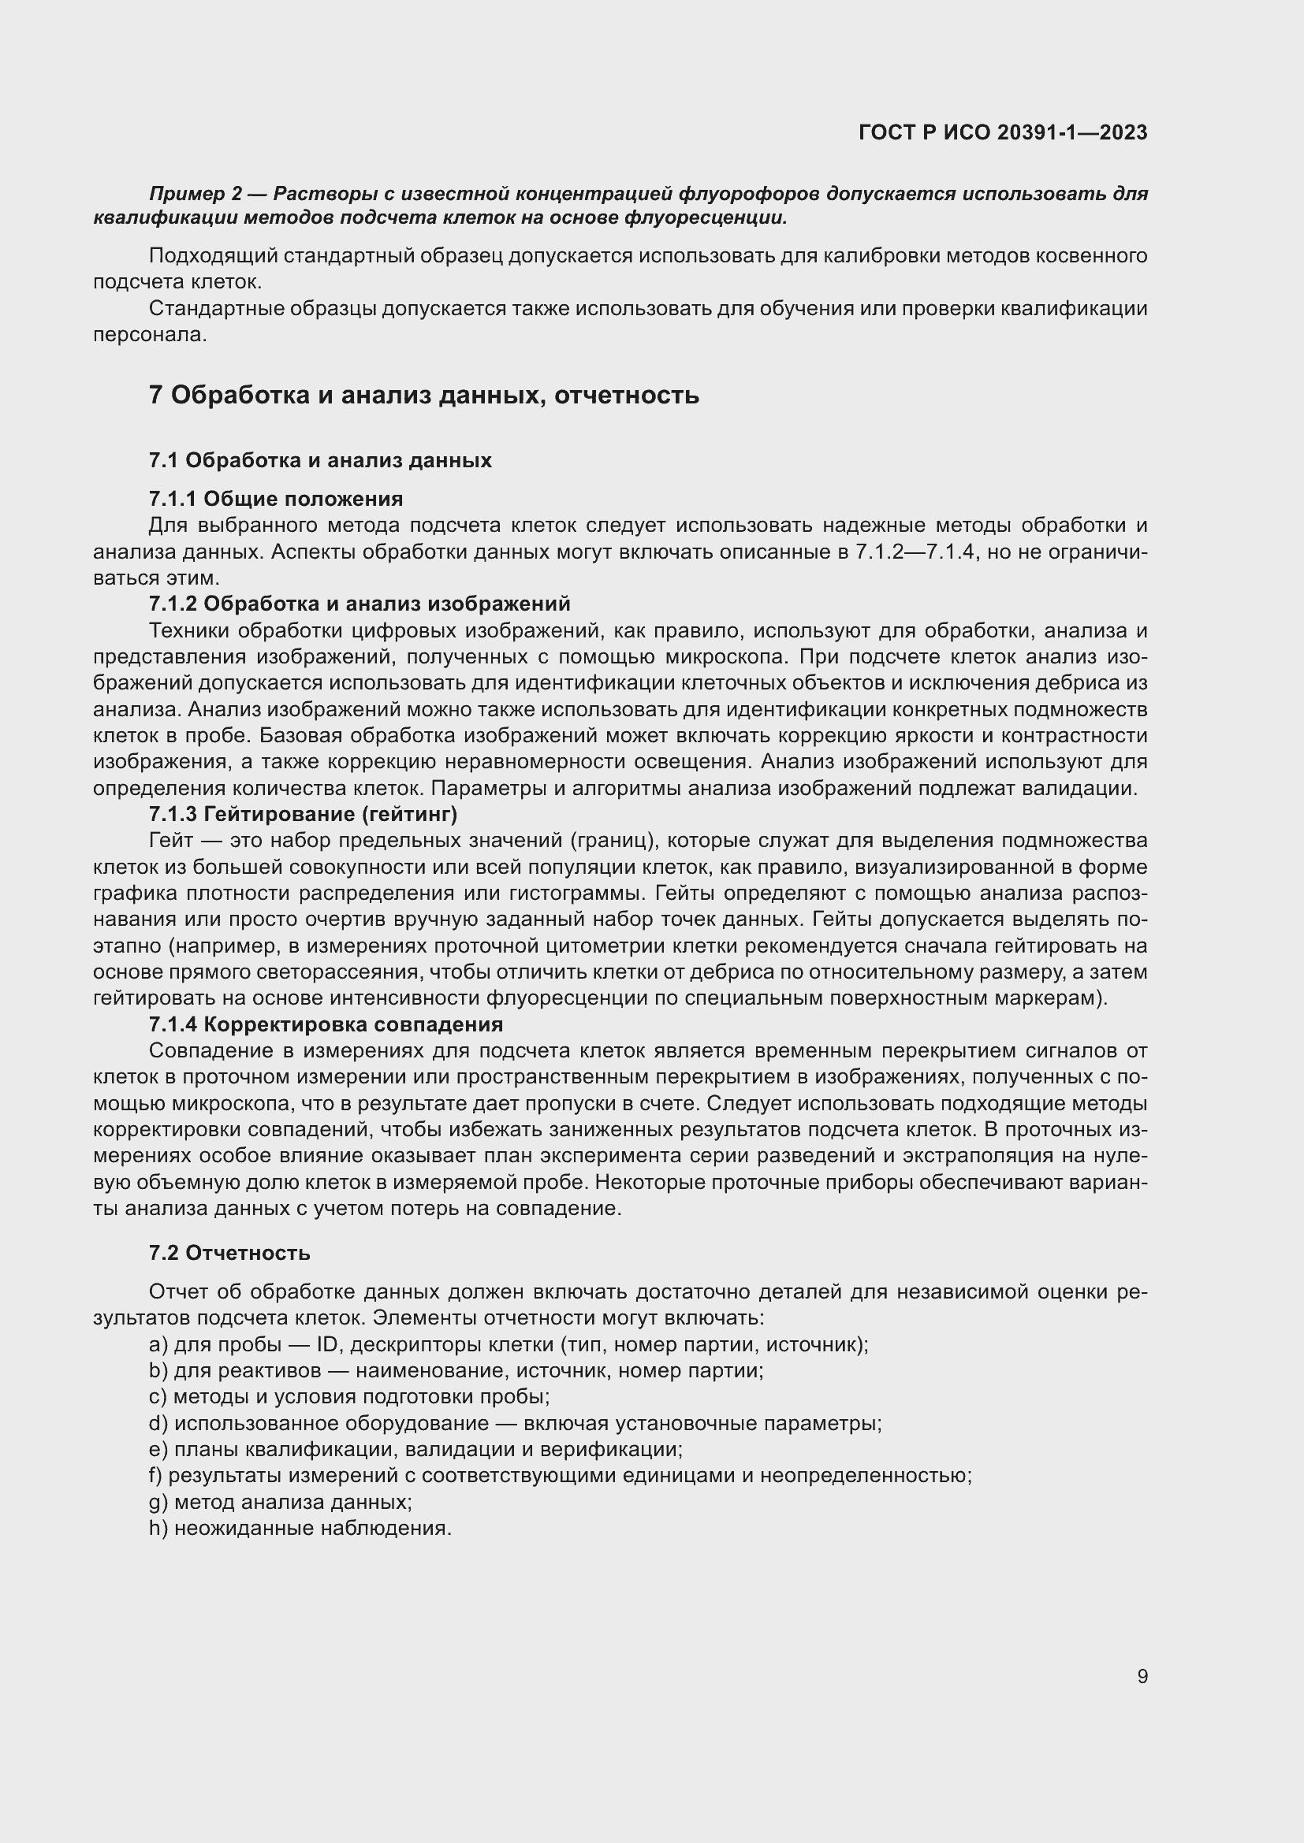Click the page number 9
click(1142, 1676)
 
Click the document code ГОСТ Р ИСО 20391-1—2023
click(1002, 132)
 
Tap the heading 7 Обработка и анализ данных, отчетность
click(423, 395)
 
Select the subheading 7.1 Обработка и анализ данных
click(319, 460)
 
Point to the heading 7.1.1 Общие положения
click(275, 499)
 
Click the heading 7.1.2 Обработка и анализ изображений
click(359, 603)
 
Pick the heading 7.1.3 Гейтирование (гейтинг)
click(303, 814)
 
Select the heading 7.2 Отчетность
click(229, 1253)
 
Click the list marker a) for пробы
click(158, 1344)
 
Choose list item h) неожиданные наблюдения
click(300, 1529)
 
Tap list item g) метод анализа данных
click(280, 1502)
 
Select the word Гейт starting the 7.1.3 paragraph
click(171, 841)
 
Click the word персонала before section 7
click(149, 335)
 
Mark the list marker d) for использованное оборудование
click(158, 1423)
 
